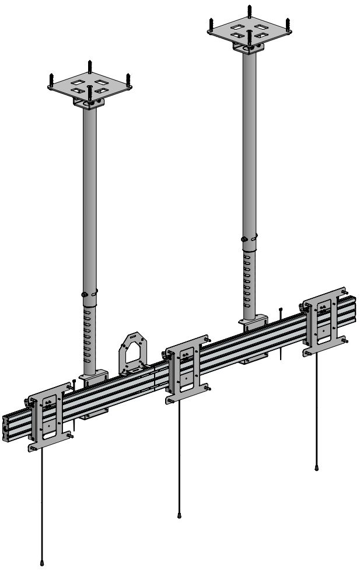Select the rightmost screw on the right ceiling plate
pyautogui.click(x=288, y=23)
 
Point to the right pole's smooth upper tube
pyautogui.click(x=250, y=146)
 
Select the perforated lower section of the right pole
pyautogui.click(x=250, y=280)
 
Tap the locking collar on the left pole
pyautogui.click(x=89, y=294)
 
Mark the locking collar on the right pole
pyautogui.click(x=250, y=239)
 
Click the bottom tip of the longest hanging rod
pyautogui.click(x=42, y=563)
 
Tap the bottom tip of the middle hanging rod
pyautogui.click(x=179, y=515)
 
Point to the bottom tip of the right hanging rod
pyautogui.click(x=317, y=468)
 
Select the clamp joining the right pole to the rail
pyautogui.click(x=253, y=322)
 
